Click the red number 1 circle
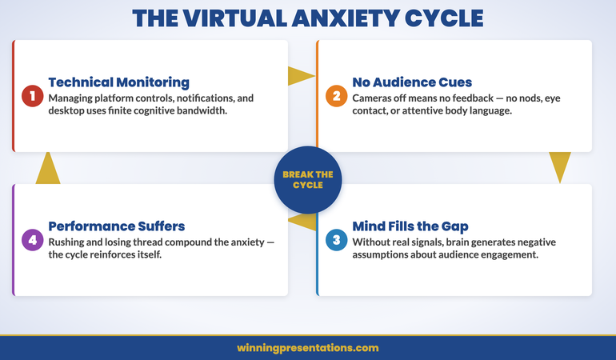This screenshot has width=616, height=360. (32, 97)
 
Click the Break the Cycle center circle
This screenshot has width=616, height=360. (308, 179)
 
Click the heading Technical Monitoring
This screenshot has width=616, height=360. (118, 82)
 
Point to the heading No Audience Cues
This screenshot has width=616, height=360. (412, 82)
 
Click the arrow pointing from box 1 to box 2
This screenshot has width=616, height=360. (301, 76)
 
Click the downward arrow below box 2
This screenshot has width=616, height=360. (560, 168)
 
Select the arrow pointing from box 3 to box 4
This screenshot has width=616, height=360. (302, 221)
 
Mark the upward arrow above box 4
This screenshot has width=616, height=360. (48, 168)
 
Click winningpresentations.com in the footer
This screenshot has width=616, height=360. (308, 348)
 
